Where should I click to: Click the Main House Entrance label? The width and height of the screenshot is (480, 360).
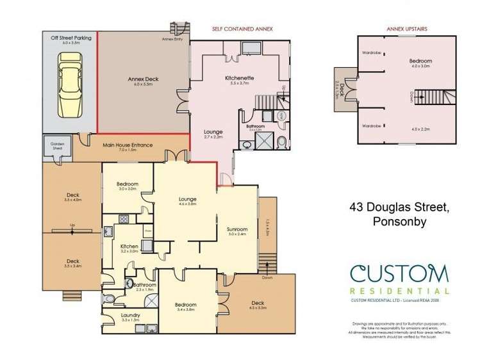coord(128,145)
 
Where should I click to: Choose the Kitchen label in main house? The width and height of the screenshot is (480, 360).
coord(129,246)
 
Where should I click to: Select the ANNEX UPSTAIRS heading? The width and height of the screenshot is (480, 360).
coord(403,29)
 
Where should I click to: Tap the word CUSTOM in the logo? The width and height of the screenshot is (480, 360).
coord(399,275)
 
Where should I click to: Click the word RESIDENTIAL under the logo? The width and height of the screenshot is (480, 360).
coord(399,291)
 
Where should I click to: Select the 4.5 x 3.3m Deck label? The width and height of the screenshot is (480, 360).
coord(258,303)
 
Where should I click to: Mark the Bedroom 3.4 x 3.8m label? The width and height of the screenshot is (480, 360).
coord(186,304)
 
